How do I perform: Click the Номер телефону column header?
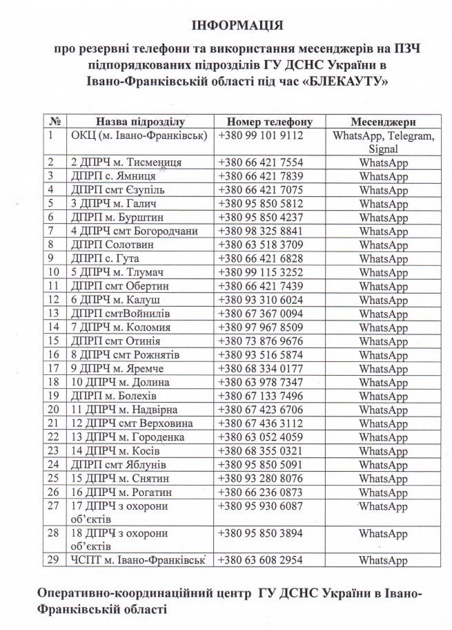click(269, 122)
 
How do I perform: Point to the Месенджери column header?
click(383, 122)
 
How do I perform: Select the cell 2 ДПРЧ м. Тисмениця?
click(126, 162)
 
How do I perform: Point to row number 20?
click(54, 410)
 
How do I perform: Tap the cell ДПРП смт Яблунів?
click(118, 464)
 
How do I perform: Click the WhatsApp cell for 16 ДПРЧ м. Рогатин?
click(383, 492)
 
